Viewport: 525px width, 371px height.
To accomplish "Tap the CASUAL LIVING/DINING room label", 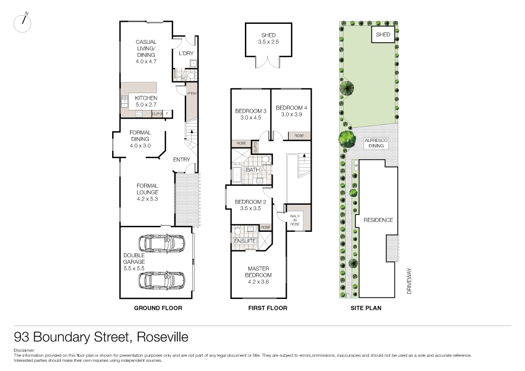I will [146, 51].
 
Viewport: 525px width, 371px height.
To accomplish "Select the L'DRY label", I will [186, 54].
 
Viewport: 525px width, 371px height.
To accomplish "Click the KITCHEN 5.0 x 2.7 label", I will [146, 101].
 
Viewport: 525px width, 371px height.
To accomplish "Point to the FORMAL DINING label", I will [140, 139].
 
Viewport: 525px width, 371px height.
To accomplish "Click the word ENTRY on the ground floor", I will [182, 160].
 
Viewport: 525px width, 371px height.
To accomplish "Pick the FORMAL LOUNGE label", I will [147, 192].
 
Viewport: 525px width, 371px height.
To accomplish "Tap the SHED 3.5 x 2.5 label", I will [268, 39].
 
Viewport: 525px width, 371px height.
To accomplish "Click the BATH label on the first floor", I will [252, 170].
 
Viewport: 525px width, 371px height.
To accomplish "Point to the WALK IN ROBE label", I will [295, 219].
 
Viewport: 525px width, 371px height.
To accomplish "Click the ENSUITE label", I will [245, 241].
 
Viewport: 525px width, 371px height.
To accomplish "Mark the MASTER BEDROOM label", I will [258, 272].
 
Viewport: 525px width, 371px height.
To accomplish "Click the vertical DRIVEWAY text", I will [410, 281].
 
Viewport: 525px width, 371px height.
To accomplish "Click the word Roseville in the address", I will [163, 337].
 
